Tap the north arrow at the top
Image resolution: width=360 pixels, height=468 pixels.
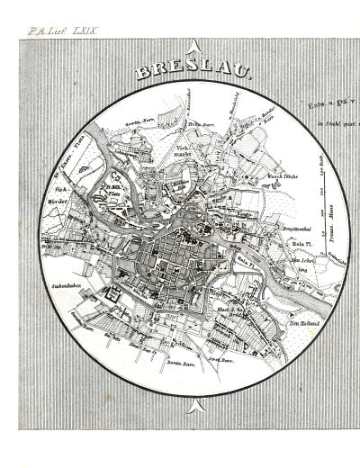pyautogui.click(x=193, y=47)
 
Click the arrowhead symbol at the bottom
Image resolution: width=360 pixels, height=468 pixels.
pyautogui.click(x=193, y=409)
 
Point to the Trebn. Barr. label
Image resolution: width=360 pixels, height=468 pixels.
pyautogui.click(x=199, y=124)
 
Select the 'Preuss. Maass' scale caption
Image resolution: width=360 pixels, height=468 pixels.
pyautogui.click(x=329, y=229)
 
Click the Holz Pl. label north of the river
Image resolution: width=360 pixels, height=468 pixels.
pyautogui.click(x=299, y=242)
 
